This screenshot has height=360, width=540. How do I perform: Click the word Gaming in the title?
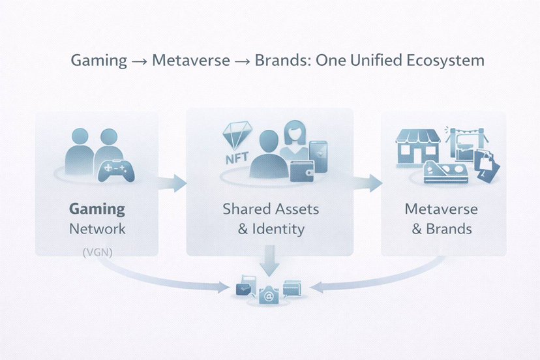click(x=99, y=61)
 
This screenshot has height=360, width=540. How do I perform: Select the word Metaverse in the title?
click(x=191, y=61)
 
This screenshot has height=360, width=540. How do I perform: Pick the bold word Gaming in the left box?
click(x=97, y=209)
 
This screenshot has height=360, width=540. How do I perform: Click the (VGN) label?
click(x=98, y=252)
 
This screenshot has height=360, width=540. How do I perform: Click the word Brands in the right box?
click(x=449, y=229)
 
